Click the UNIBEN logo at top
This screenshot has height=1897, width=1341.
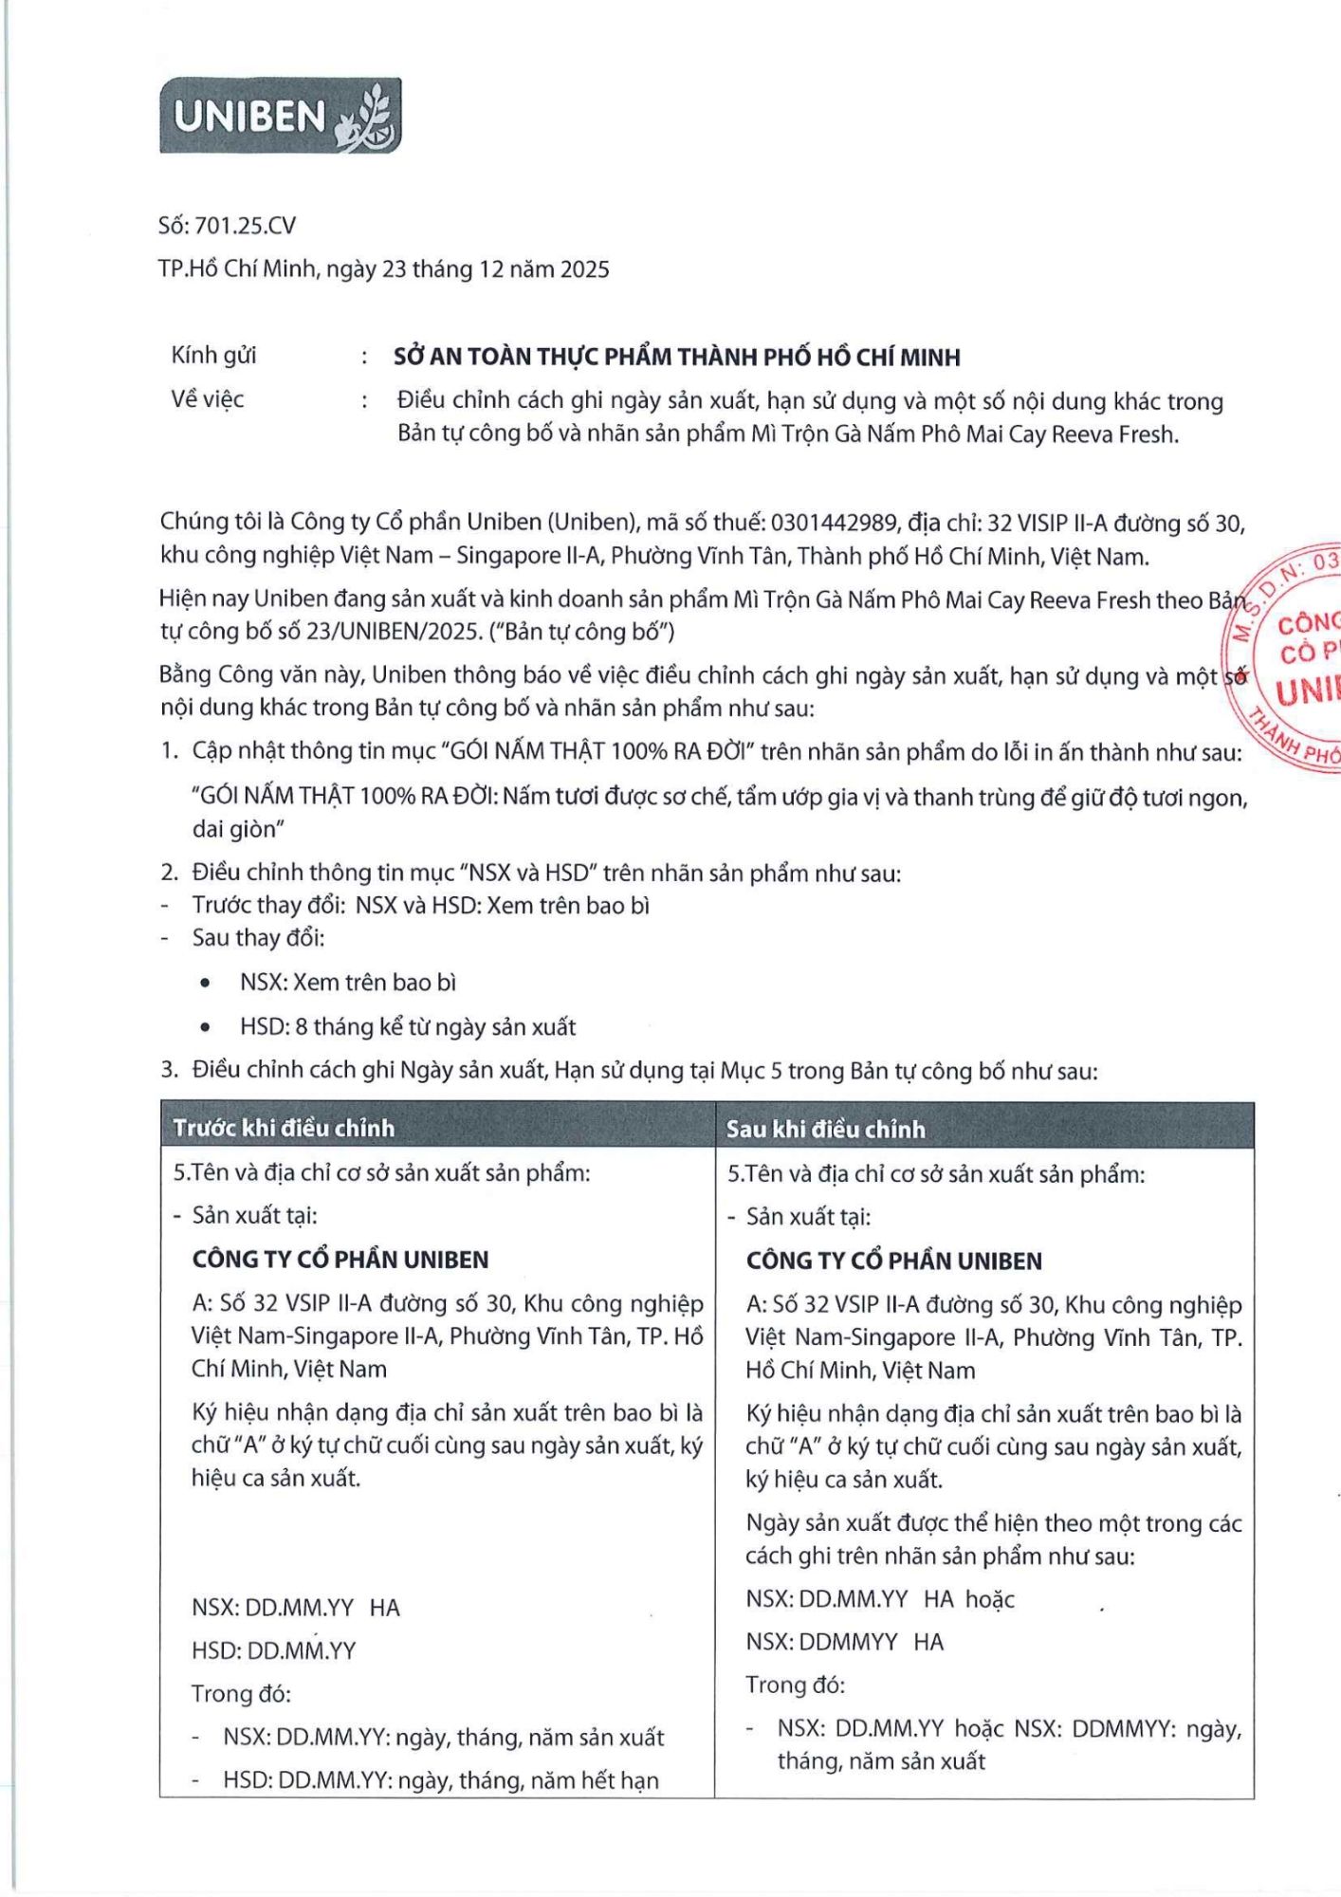tap(281, 116)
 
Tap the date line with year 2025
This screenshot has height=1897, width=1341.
tap(383, 269)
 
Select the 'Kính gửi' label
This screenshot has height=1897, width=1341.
tap(213, 356)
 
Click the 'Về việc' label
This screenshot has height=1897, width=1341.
tap(207, 399)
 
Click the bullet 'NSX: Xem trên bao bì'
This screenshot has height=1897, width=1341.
tap(347, 983)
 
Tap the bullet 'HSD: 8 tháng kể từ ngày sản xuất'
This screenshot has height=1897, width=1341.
tap(407, 1027)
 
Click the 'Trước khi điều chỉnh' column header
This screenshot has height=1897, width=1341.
tap(284, 1128)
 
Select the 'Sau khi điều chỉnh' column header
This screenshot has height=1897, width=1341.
tap(825, 1129)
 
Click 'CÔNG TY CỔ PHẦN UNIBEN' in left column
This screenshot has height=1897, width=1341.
tap(340, 1260)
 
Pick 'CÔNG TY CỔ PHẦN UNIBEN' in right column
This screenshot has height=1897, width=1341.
tap(893, 1261)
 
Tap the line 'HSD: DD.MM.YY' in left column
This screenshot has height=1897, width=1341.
tap(273, 1650)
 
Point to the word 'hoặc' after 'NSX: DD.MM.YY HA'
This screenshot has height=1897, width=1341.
tap(989, 1599)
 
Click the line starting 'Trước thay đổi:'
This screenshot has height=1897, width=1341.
tap(420, 906)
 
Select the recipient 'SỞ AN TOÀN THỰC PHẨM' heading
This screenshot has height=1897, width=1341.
tap(676, 358)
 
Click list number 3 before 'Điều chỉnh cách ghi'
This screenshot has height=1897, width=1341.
tap(169, 1070)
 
